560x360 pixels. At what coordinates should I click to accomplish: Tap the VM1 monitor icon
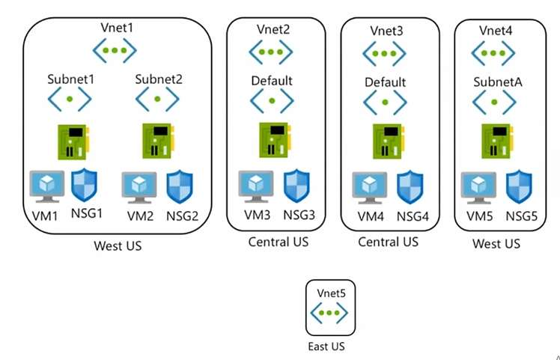click(46, 187)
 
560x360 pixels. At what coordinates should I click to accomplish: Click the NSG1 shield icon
click(85, 186)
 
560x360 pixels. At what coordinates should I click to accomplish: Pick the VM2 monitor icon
click(139, 187)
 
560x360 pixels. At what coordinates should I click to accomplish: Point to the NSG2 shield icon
click(180, 186)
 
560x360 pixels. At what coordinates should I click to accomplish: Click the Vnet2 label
click(273, 30)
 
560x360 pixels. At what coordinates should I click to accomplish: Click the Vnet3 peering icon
click(384, 55)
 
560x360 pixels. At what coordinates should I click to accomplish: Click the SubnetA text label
click(497, 82)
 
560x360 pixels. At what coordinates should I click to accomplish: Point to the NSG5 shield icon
click(520, 186)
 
